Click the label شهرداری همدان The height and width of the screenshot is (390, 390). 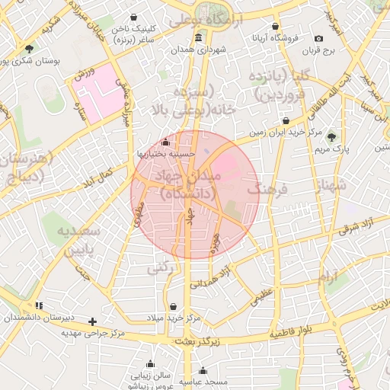pos(199,50)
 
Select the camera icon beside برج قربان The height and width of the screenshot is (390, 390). pos(318,38)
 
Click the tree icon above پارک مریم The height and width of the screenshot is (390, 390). pos(332,136)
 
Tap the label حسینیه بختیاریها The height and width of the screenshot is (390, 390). pos(166,153)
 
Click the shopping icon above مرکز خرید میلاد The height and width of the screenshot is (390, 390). pos(174,305)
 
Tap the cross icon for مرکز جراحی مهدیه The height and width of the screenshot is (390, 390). pos(93,321)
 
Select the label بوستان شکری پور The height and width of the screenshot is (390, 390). pos(27,60)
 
